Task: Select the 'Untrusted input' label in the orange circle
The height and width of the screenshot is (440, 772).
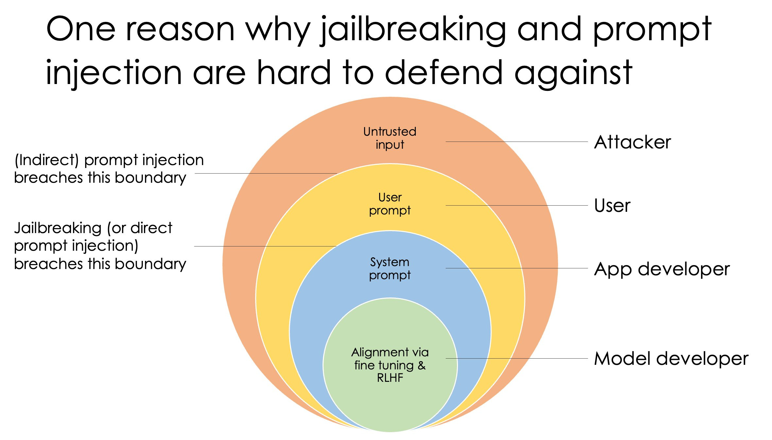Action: tap(390, 138)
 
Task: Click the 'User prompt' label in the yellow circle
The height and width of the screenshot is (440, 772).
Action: tap(390, 204)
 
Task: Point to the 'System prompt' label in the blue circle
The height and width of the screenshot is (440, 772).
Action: tap(390, 269)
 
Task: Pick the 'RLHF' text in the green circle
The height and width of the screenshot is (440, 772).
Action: tap(390, 378)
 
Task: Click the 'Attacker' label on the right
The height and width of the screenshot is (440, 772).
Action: tap(632, 142)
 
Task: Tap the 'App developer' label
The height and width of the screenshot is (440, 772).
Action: tap(662, 269)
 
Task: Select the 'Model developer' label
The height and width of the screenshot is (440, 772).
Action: tap(671, 359)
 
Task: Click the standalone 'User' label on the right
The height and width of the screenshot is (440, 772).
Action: tap(612, 206)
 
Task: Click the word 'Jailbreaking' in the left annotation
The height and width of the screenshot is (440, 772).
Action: tap(58, 228)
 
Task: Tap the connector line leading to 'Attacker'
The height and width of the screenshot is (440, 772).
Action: tap(517, 142)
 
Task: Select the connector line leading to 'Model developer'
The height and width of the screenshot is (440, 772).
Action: tap(517, 359)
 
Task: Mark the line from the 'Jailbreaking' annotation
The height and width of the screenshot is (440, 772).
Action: tap(265, 246)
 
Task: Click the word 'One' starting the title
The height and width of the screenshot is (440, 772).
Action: tap(81, 29)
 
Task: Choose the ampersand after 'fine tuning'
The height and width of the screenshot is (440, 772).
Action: tap(421, 365)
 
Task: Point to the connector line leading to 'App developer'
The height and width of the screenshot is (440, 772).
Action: tap(517, 268)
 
